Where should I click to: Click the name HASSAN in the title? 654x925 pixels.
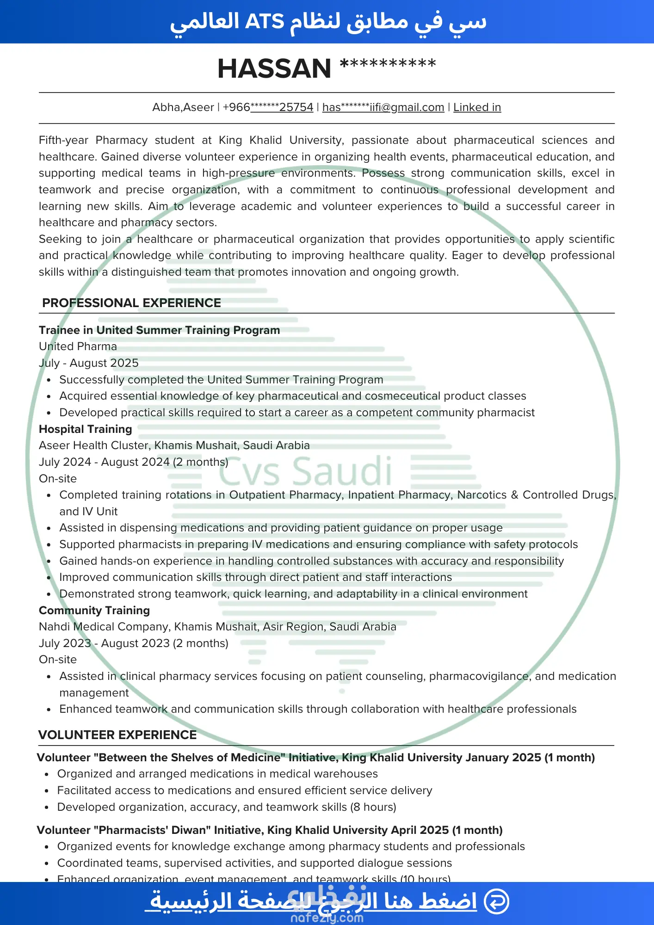(274, 68)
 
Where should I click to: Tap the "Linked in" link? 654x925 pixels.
(477, 107)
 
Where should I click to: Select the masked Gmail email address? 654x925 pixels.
(383, 107)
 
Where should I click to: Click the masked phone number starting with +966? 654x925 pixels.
(268, 107)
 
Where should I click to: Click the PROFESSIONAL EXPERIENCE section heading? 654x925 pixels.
(131, 303)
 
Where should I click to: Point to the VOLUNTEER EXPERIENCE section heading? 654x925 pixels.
(117, 735)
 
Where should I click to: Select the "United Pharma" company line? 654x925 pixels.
(78, 346)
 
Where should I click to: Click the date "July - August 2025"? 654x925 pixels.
(89, 363)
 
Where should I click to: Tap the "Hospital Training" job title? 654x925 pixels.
(86, 429)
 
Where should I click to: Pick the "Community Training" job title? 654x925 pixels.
(94, 610)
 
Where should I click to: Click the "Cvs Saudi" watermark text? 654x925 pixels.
(305, 471)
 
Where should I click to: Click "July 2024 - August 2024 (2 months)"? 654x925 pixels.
(134, 462)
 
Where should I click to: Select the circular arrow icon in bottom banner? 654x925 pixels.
(496, 901)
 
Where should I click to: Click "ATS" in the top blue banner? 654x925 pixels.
(264, 22)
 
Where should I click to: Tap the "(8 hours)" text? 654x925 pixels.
(373, 807)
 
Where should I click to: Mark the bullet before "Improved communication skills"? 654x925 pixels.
(49, 578)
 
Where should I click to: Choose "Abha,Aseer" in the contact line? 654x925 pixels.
(183, 107)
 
